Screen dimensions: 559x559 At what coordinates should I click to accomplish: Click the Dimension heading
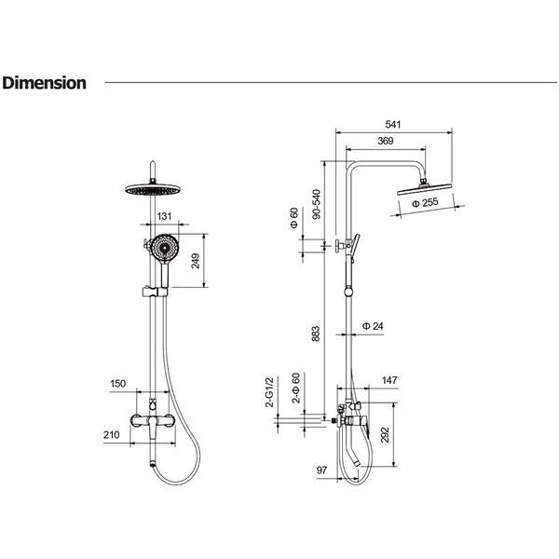(x=44, y=83)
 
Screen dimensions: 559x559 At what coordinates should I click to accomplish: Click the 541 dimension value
(x=393, y=125)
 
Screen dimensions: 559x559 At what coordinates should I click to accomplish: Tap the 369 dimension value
(x=386, y=141)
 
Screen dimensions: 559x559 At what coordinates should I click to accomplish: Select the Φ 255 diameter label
(x=425, y=203)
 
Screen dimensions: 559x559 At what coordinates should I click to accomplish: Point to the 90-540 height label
(x=316, y=204)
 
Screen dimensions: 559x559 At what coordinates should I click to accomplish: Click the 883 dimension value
(x=316, y=334)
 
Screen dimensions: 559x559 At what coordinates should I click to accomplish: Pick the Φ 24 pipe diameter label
(x=373, y=326)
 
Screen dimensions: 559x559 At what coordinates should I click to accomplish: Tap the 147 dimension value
(x=389, y=380)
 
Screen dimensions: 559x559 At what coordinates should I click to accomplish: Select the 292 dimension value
(x=386, y=434)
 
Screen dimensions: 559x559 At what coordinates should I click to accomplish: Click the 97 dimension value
(x=321, y=470)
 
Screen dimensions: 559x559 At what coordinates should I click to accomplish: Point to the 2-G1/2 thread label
(x=269, y=392)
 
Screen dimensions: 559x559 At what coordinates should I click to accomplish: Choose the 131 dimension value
(x=164, y=216)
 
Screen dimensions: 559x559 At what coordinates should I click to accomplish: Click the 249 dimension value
(x=196, y=261)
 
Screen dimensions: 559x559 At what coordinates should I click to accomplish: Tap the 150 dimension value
(x=117, y=384)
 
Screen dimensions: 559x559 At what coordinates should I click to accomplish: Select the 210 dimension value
(x=112, y=434)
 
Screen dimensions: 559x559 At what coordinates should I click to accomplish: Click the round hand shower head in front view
(x=164, y=248)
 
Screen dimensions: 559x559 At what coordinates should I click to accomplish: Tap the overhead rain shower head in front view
(x=153, y=189)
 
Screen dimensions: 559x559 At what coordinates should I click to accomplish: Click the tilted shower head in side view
(x=424, y=189)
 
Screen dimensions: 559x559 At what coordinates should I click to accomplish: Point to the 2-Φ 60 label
(x=296, y=388)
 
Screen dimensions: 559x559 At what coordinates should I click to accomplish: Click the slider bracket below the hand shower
(x=155, y=292)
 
